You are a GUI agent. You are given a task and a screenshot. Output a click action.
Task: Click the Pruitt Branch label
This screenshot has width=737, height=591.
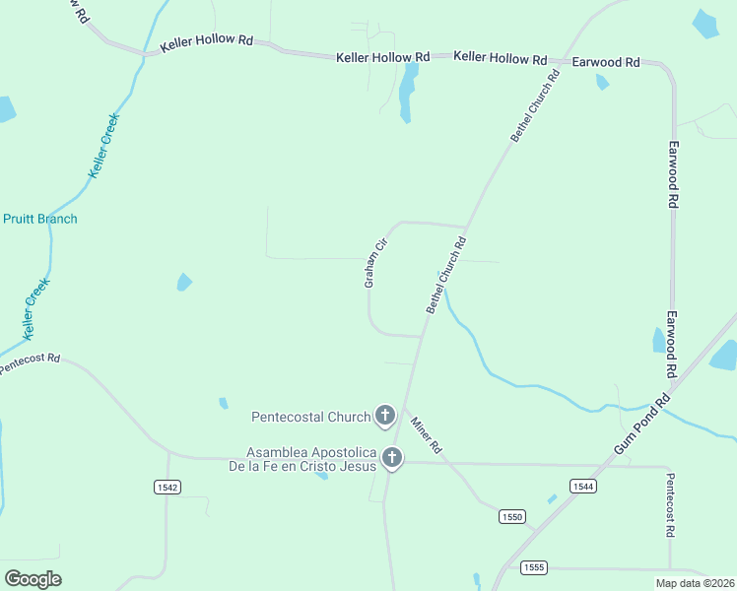click(39, 219)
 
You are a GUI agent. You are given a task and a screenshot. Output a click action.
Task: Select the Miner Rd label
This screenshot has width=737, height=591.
click(426, 433)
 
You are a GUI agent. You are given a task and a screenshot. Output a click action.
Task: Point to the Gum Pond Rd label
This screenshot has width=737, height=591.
click(641, 425)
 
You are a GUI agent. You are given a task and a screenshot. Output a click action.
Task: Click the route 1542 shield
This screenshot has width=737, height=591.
click(167, 487)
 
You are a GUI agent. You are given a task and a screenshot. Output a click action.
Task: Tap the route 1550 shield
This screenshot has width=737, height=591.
click(511, 516)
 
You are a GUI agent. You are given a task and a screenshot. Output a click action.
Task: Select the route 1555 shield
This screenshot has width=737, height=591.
click(533, 567)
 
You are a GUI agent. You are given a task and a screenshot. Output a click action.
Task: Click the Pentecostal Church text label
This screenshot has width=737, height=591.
click(310, 417)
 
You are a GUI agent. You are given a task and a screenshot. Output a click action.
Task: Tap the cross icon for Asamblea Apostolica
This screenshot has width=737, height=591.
click(392, 457)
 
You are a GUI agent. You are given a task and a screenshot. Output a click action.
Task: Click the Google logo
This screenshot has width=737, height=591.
click(33, 578)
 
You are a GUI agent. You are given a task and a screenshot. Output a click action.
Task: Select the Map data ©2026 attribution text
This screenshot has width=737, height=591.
click(695, 583)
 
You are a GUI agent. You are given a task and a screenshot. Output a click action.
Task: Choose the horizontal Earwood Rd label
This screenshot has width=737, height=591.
click(606, 62)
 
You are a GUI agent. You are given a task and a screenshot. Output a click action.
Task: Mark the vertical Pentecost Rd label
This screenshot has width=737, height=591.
click(670, 504)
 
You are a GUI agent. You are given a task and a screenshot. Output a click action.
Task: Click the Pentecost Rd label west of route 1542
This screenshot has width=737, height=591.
click(30, 363)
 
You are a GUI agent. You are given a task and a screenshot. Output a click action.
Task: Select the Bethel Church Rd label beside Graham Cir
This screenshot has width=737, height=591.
click(446, 275)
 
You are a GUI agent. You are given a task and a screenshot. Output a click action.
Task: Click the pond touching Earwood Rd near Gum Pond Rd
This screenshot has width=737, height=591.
click(659, 341)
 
